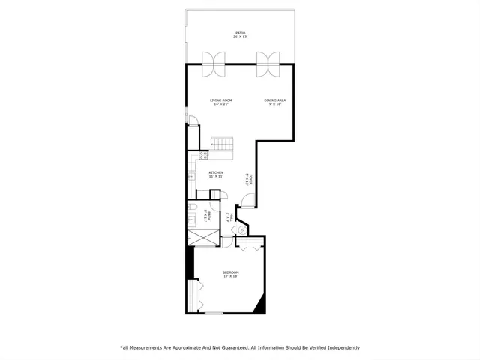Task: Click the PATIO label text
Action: [x=241, y=34]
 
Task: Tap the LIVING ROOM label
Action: [x=220, y=100]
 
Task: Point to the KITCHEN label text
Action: [x=216, y=173]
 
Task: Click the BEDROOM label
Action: [x=230, y=272]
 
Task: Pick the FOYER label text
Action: [x=250, y=180]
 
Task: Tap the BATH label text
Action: [x=207, y=217]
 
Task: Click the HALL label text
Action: [x=228, y=218]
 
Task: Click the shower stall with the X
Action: [x=202, y=235]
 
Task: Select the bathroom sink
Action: [x=190, y=220]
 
